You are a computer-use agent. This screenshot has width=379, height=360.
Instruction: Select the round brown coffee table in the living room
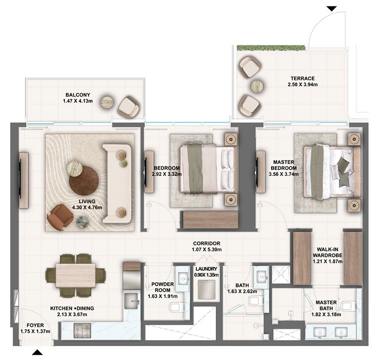84,181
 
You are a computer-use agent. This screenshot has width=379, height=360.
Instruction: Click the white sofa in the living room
117,182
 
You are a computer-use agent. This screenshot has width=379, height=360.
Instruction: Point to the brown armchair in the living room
60,217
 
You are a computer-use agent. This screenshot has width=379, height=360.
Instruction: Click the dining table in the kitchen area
75,275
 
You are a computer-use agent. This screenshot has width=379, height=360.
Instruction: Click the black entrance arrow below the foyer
38,353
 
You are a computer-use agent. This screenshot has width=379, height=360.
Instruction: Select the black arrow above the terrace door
331,8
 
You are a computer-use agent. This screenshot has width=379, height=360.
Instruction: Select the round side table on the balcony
108,102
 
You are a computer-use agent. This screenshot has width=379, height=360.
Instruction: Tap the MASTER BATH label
327,306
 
